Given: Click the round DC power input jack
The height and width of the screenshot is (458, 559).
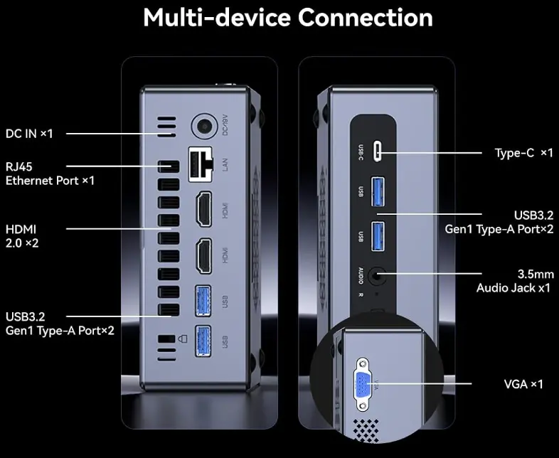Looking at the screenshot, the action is click(x=204, y=126).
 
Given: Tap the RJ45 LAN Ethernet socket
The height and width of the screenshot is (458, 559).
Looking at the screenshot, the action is click(x=201, y=164).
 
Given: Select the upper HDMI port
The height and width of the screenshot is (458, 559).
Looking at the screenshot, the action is click(x=203, y=209).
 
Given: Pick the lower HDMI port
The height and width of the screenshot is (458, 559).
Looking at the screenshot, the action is click(x=203, y=256).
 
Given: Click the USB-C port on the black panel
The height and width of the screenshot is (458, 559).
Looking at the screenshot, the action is click(x=377, y=151).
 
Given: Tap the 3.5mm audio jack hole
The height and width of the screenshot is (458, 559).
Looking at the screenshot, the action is click(x=376, y=275).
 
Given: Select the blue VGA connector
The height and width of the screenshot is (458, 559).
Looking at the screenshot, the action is click(x=363, y=385).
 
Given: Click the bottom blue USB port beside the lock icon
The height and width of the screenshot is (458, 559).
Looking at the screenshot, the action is click(x=203, y=341).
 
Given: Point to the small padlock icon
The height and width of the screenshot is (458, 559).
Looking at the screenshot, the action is click(x=182, y=339).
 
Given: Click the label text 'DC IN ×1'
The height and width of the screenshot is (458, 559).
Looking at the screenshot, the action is click(x=29, y=134).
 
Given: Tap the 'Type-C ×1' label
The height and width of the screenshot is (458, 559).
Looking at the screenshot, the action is click(x=523, y=153).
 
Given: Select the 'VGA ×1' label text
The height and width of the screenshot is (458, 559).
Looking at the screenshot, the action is click(x=523, y=384).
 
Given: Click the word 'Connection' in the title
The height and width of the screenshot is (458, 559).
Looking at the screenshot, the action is click(x=366, y=18).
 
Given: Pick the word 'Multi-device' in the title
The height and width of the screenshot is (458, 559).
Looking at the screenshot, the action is click(x=217, y=18).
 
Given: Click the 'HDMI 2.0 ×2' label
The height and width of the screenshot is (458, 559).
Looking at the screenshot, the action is click(x=22, y=236).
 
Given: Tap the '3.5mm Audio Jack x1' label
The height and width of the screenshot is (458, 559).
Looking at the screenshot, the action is click(x=515, y=281).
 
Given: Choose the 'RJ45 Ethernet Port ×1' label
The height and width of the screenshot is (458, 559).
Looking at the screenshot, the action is click(x=50, y=174).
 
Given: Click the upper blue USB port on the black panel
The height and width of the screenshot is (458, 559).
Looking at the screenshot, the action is click(x=378, y=191).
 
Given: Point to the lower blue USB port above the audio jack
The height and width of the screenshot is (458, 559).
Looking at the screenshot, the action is click(x=378, y=236).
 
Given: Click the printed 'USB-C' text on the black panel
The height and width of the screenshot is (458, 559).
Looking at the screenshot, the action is click(x=361, y=152).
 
